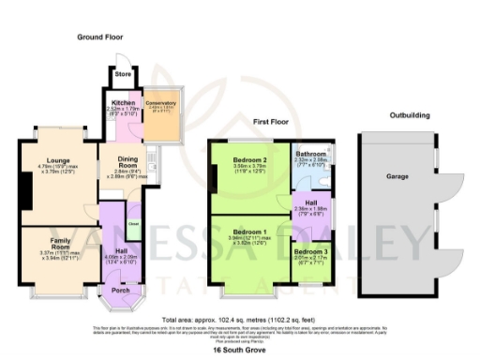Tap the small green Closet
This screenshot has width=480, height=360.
(133, 224)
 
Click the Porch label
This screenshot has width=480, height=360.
(121, 289)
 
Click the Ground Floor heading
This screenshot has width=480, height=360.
(100, 37)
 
